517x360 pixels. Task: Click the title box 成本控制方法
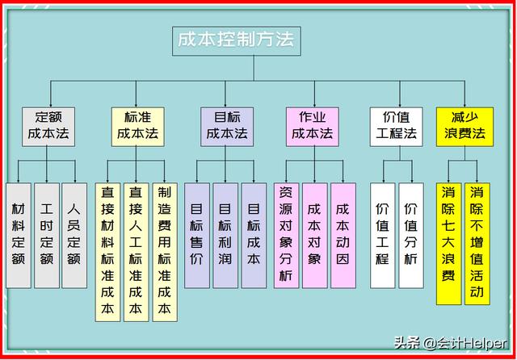click(237, 41)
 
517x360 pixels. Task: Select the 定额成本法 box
click(48, 127)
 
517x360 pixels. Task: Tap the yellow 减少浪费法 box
click(464, 127)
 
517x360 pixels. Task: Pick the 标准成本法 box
click(138, 127)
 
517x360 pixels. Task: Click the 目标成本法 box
click(227, 127)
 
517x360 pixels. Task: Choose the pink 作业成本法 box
click(313, 127)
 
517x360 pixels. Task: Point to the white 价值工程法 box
click(397, 127)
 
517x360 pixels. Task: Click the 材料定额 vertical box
click(19, 236)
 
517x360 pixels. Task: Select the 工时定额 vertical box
click(47, 236)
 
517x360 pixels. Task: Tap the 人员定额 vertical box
click(74, 236)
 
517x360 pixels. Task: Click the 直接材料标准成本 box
click(107, 252)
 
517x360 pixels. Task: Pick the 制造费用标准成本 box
click(165, 252)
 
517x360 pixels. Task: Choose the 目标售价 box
click(197, 236)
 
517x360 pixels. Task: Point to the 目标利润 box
click(225, 236)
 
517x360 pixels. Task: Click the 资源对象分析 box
click(286, 236)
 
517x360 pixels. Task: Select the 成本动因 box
click(343, 236)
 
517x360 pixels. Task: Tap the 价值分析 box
click(411, 236)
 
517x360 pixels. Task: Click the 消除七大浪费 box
click(449, 244)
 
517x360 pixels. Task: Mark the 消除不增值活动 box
click(477, 244)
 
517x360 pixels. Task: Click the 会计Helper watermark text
click(465, 344)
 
